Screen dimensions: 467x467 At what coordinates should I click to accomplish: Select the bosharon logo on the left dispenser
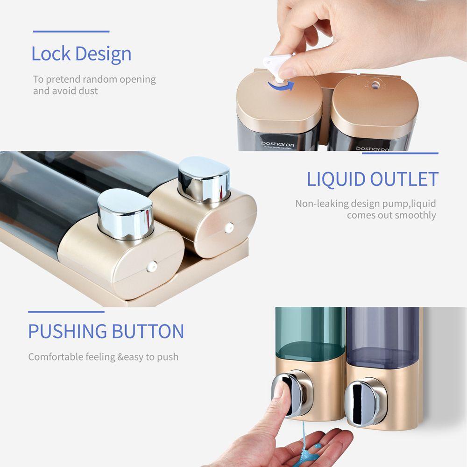coord(278,144)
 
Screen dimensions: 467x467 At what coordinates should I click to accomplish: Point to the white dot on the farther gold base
coord(229,227)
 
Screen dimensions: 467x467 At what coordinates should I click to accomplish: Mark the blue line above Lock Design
coord(71,32)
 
